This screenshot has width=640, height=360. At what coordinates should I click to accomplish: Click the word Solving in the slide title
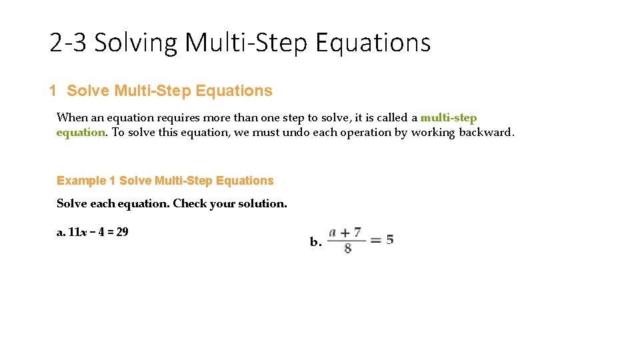[137, 43]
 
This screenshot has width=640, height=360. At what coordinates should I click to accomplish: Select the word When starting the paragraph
[72, 117]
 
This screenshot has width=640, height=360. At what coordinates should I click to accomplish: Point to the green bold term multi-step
[449, 117]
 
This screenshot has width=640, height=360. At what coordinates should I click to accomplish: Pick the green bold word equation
[81, 132]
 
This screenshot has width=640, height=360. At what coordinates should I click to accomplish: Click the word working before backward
[433, 132]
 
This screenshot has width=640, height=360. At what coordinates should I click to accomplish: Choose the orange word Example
[81, 181]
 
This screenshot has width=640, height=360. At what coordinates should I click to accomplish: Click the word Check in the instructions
[190, 203]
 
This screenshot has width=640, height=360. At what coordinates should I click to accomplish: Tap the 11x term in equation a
[75, 232]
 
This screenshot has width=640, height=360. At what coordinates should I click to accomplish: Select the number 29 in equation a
[122, 232]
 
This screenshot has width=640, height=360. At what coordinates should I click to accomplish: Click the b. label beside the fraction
[315, 242]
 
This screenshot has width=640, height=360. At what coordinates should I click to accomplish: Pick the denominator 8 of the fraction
[348, 249]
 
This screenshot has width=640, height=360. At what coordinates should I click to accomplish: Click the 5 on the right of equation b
[389, 239]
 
